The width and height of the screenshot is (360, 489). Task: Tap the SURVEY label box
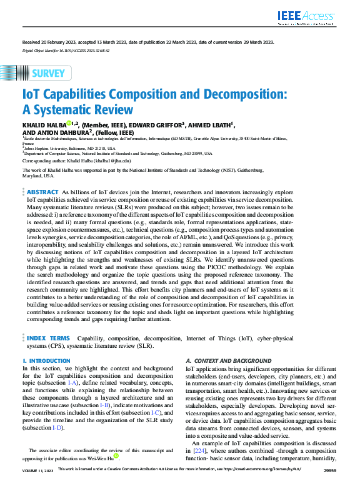pyautogui.click(x=48, y=73)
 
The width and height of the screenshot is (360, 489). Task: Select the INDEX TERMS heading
pyautogui.click(x=48, y=337)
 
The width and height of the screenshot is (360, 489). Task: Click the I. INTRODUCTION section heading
pyautogui.click(x=46, y=361)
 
